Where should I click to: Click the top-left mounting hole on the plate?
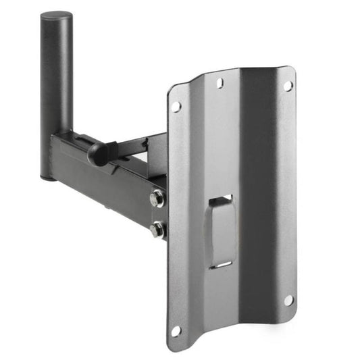pos(176,107)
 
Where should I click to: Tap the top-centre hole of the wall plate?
pos(220,83)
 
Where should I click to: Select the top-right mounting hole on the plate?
pos(287,86)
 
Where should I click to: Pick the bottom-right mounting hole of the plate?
pos(288,299)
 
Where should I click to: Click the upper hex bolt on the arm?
pos(157,200)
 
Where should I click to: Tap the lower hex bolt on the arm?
pos(157,230)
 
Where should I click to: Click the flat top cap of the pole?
pos(57,15)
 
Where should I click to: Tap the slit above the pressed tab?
pos(221,199)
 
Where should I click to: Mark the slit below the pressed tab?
pos(220,264)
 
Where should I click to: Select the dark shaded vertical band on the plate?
pos(260,203)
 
